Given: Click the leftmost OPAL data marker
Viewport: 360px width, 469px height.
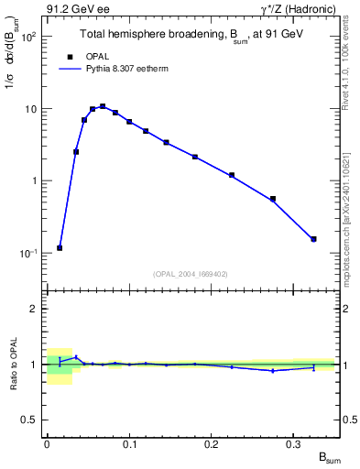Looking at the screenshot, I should [60, 247].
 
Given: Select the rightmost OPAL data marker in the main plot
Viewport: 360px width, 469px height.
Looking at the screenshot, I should [314, 239].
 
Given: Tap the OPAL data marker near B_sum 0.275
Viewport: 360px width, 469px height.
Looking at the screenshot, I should [273, 199].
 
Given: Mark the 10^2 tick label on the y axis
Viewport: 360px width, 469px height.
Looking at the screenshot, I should [27, 37].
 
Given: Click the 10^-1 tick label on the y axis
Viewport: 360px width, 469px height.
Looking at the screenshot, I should [27, 253].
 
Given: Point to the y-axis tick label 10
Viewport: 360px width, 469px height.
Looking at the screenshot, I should [29, 109].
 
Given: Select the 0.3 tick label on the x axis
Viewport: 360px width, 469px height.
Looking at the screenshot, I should [294, 444].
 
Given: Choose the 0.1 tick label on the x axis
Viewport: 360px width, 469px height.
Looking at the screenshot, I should [129, 444].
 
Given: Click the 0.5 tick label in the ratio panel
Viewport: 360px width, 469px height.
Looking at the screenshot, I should [30, 420].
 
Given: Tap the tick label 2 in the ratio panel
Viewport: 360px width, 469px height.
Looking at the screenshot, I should [34, 309].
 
